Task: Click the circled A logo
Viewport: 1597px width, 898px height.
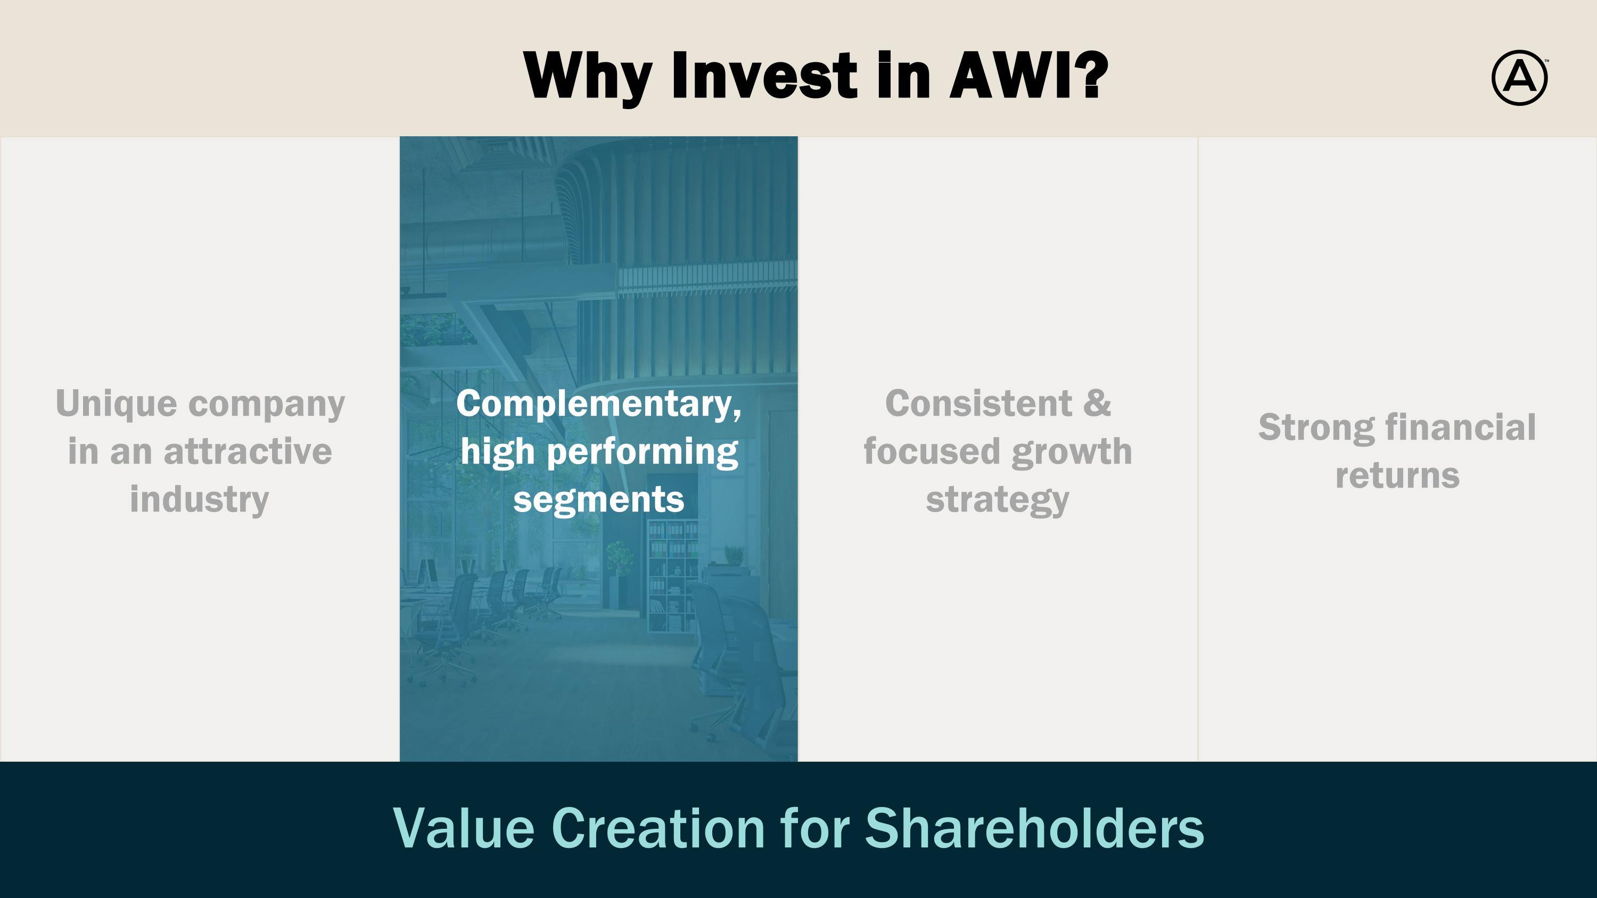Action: tap(1519, 78)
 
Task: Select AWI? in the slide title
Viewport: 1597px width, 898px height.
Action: tap(1028, 75)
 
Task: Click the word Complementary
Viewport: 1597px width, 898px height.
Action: tap(598, 405)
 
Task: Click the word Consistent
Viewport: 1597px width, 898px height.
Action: tap(978, 403)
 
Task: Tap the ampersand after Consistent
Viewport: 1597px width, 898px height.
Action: tap(1097, 403)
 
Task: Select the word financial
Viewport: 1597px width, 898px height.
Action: tap(1461, 427)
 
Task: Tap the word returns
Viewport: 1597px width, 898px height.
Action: tap(1397, 476)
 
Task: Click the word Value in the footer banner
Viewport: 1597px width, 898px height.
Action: tap(464, 829)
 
